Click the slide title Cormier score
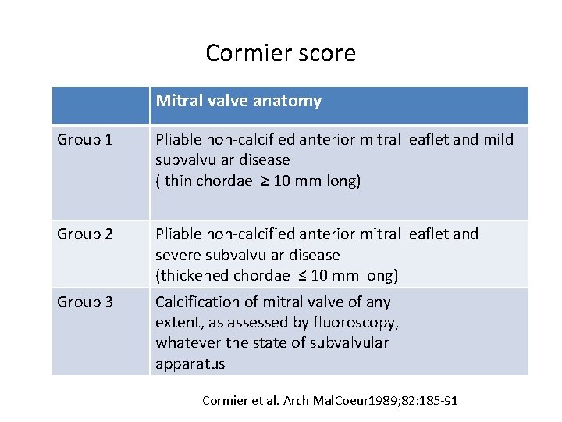280,53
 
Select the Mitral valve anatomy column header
238,101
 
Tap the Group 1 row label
85,140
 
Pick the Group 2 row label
85,234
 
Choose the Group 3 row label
85,302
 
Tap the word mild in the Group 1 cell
499,140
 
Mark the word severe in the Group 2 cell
178,256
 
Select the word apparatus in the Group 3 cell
190,363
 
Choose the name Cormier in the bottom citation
226,401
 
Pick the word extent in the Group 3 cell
176,323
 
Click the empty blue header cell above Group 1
101,105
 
